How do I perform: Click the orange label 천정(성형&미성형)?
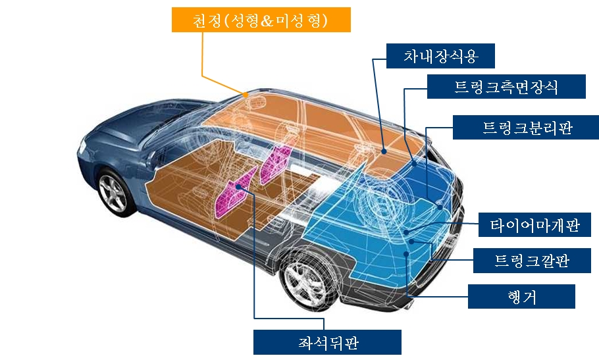tap(261, 20)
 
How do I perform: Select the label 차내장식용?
tap(440, 57)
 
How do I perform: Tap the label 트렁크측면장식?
tap(506, 87)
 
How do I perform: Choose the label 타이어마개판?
tap(534, 225)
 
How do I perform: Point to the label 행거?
tap(521, 296)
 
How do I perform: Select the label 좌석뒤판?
tap(327, 342)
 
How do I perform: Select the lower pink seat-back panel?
tap(235, 193)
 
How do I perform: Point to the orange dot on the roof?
tap(246, 95)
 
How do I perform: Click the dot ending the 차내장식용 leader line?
tap(383, 150)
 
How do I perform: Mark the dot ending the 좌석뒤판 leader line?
tap(238, 187)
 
